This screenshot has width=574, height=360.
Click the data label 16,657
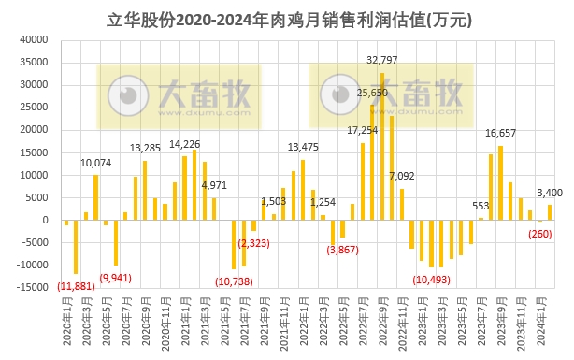coord(502,133)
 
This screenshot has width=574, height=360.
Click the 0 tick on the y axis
coord(44,221)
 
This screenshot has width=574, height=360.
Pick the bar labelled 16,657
coord(500,182)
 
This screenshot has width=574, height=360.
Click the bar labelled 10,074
coord(96,197)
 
